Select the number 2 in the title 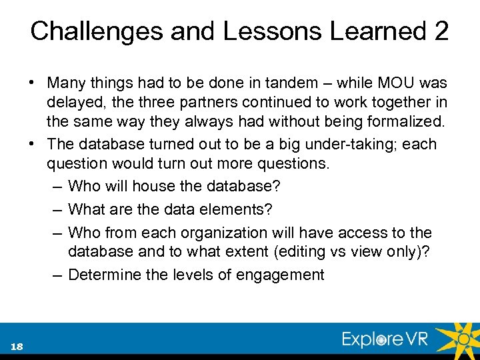click(441, 31)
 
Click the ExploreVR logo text click(385, 339)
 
